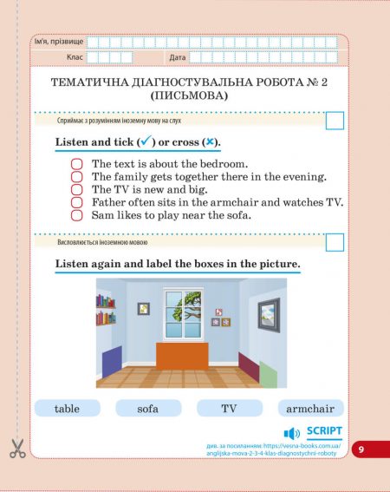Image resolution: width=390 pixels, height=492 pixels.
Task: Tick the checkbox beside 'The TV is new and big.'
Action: pyautogui.click(x=76, y=189)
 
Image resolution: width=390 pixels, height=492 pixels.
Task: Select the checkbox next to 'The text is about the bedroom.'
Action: pyautogui.click(x=76, y=163)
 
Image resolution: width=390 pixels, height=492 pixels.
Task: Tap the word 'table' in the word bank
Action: pyautogui.click(x=67, y=408)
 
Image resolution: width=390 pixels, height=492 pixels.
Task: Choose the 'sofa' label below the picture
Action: pyautogui.click(x=148, y=408)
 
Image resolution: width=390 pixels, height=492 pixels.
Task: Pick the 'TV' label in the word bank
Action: pyautogui.click(x=229, y=408)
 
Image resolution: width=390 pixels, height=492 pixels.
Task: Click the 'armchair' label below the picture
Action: pyautogui.click(x=310, y=408)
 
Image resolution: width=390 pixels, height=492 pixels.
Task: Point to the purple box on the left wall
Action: pyautogui.click(x=112, y=359)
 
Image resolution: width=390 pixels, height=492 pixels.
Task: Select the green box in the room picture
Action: pyautogui.click(x=269, y=374)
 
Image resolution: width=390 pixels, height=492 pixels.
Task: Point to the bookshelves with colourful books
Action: pyautogui.click(x=106, y=310)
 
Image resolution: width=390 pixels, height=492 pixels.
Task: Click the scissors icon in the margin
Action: pyautogui.click(x=17, y=449)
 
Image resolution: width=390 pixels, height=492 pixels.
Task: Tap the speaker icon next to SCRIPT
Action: pyautogui.click(x=292, y=433)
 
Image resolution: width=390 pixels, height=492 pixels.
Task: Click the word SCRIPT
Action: pyautogui.click(x=324, y=431)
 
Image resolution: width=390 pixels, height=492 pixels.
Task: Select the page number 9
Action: pyautogui.click(x=361, y=449)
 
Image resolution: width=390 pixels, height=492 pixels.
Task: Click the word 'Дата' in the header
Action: pyautogui.click(x=178, y=57)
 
